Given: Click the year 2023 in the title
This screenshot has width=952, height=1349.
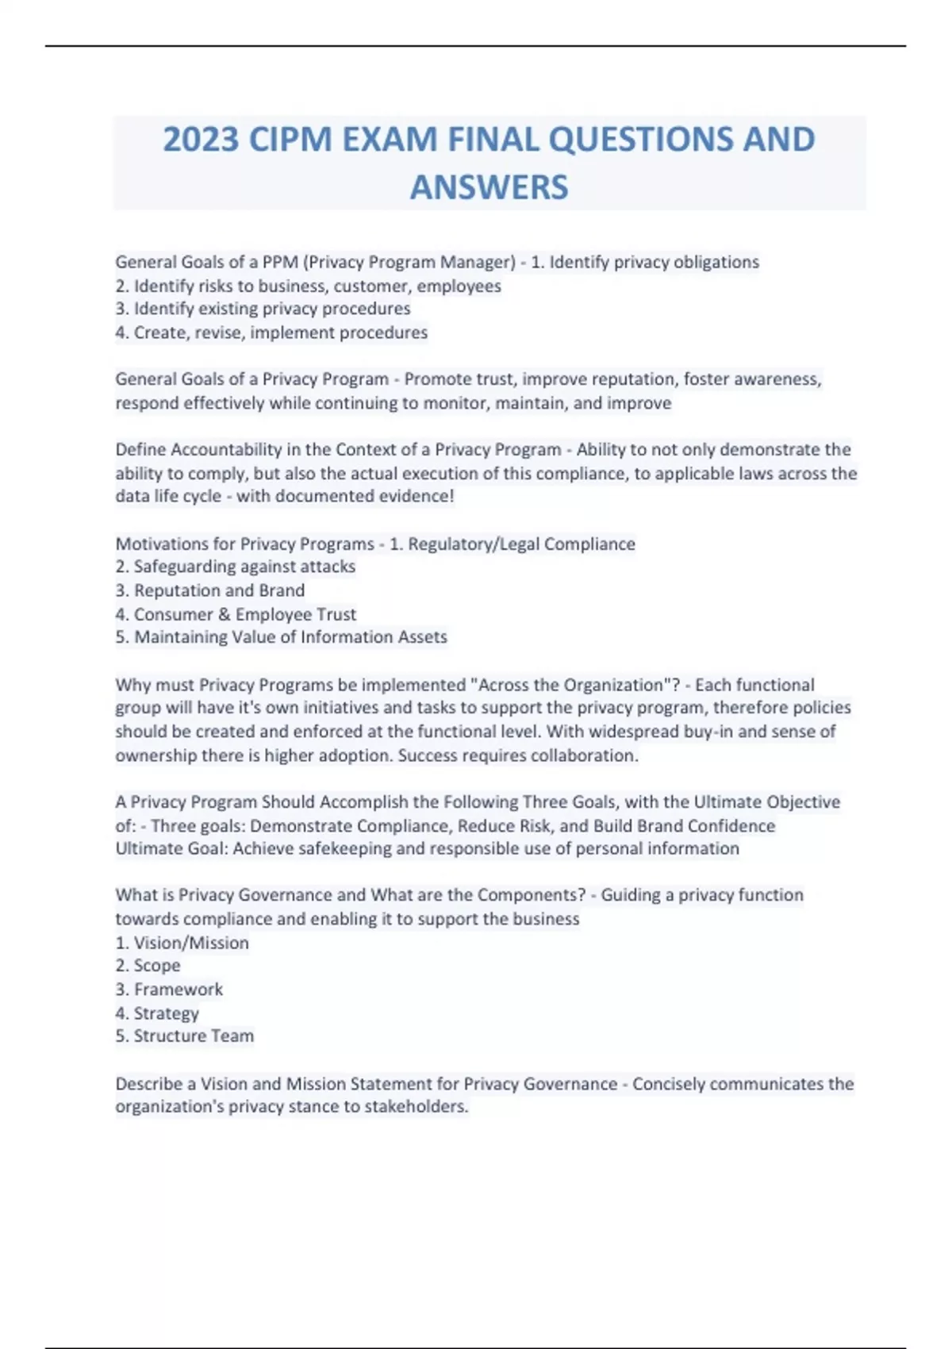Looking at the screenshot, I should click(201, 140).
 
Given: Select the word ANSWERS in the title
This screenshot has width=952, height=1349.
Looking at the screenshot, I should click(489, 187).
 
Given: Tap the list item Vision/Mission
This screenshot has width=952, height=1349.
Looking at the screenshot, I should click(191, 943).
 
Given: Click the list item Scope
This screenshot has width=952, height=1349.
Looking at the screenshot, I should click(157, 966).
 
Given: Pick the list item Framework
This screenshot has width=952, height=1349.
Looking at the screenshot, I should click(178, 990).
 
